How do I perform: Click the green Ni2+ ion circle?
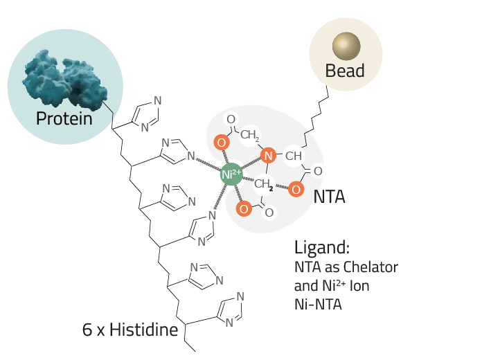pyautogui.click(x=231, y=174)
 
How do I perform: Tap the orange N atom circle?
pyautogui.click(x=268, y=156)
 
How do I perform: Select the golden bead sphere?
pyautogui.click(x=346, y=46)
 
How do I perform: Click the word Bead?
pyautogui.click(x=345, y=71)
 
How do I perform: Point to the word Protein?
pyautogui.click(x=64, y=118)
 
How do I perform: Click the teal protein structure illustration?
pyautogui.click(x=64, y=78)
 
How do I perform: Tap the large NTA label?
pyautogui.click(x=329, y=197)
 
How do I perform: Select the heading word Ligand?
pyautogui.click(x=322, y=247)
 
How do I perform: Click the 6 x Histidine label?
pyautogui.click(x=130, y=330)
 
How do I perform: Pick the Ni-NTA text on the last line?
pyautogui.click(x=318, y=304)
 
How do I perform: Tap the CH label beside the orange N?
pyautogui.click(x=294, y=156)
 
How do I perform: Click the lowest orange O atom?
pyautogui.click(x=244, y=209)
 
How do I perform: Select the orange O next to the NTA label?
pyautogui.click(x=296, y=190)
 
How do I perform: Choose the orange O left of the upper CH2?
pyautogui.click(x=222, y=142)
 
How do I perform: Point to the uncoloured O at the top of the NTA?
pyautogui.click(x=231, y=119)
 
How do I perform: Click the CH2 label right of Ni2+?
pyautogui.click(x=264, y=183)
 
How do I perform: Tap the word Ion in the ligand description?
pyautogui.click(x=359, y=286)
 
